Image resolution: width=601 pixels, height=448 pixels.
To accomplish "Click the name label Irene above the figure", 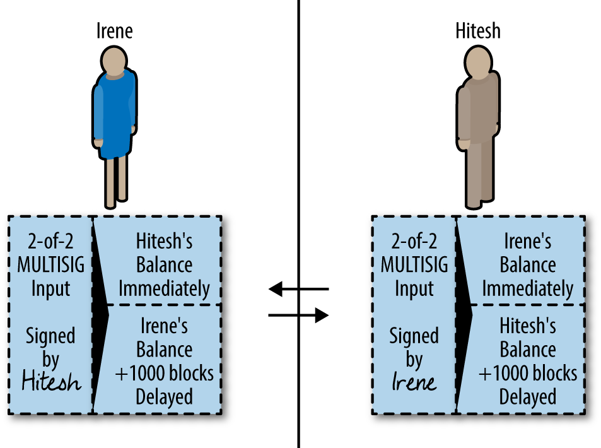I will [x=114, y=31].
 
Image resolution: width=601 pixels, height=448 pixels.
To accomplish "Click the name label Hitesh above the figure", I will [x=477, y=31].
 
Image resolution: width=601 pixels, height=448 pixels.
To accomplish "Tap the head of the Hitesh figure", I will [x=477, y=62].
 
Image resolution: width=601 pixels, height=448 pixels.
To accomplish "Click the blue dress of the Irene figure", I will [x=114, y=117].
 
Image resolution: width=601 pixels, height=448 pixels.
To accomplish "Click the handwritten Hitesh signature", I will [x=50, y=382].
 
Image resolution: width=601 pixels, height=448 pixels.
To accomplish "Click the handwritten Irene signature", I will [x=414, y=382].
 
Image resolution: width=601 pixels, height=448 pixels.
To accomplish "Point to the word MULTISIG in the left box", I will [x=50, y=265].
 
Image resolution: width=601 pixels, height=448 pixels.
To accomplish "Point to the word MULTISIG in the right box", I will [x=414, y=265].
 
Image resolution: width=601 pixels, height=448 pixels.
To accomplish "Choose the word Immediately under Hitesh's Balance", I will [x=164, y=289].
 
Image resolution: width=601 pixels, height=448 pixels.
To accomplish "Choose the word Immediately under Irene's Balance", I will [x=528, y=289].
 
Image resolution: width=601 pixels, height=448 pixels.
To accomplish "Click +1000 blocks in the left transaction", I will [x=164, y=373].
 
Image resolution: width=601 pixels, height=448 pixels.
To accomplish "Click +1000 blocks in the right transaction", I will [x=528, y=373].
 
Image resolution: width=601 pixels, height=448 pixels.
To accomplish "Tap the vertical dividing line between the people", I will [x=298, y=158].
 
